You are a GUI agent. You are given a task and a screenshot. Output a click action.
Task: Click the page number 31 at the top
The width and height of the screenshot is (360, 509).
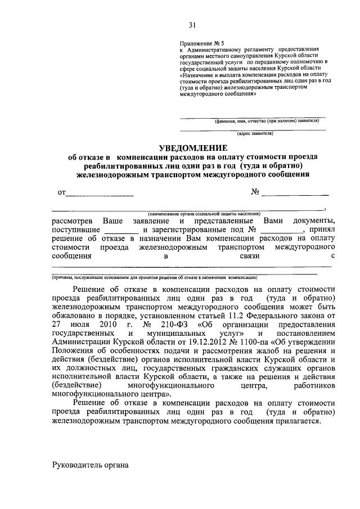tap(192, 24)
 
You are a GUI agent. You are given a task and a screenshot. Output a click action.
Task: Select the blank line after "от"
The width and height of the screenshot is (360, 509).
tap(100, 194)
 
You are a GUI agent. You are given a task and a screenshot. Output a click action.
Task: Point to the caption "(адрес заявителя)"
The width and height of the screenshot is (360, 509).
tap(255, 134)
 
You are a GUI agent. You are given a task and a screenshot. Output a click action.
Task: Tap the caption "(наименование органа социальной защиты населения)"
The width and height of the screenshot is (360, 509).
tap(204, 214)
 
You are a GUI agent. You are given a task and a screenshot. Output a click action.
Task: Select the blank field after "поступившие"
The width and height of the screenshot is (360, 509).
tap(121, 231)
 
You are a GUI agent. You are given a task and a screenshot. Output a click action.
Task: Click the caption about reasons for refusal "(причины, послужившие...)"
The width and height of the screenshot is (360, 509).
tap(155, 277)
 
